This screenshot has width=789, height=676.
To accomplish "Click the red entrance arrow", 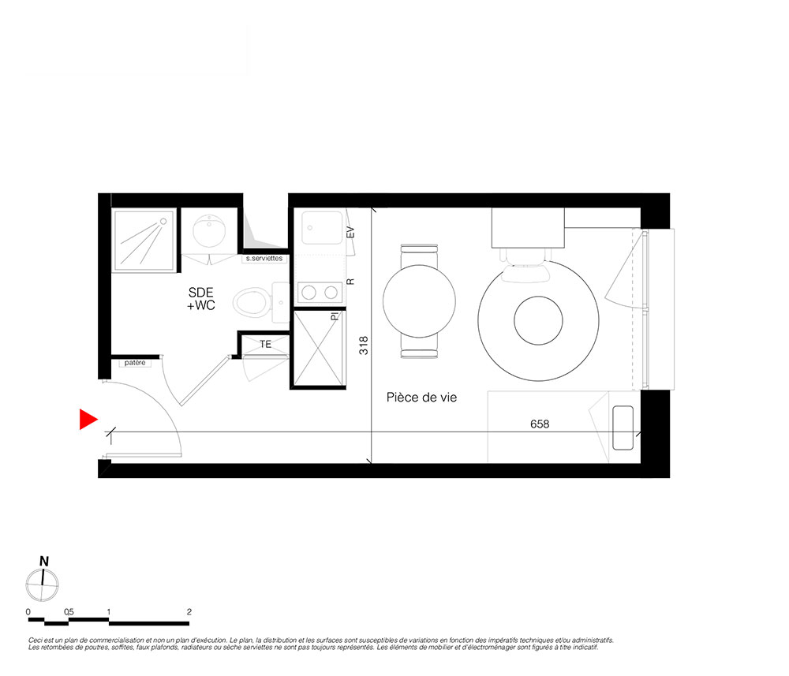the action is pos(88,420).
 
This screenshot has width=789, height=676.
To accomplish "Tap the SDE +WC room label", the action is pos(200,299).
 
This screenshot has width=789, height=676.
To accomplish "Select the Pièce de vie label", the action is pos(421,398).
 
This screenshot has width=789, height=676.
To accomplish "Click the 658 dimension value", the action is pos(540,424).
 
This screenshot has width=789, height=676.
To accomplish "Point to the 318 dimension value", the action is pos(363,345).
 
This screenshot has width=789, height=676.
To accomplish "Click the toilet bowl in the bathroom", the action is pos(250,302).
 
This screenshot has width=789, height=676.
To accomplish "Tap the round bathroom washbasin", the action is pos(209,231).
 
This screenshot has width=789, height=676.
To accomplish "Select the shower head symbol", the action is pos(163,222).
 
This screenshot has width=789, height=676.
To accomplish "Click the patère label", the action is pos(135,363).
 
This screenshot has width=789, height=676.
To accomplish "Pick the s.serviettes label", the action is pos(264,259).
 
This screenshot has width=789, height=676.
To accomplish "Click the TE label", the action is pos(265,345).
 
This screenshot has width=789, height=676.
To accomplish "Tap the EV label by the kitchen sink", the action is pos(351,233).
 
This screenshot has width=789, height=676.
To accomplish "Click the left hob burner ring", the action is pos(308,292).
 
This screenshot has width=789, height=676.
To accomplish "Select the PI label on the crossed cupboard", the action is pos(335,316).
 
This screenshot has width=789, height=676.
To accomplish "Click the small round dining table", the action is pos(419,301).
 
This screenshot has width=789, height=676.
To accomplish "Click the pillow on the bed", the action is pos(623,428).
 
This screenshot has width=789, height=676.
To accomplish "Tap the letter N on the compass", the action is pos(44,562).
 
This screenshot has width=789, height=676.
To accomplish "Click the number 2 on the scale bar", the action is pos(189,611).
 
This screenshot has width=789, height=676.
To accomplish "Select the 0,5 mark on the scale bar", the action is pos(69,611).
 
